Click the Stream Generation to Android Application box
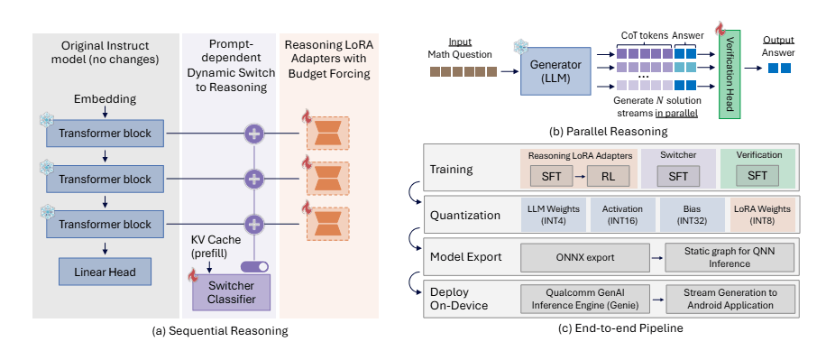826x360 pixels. click(727, 299)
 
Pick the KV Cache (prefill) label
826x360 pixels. click(213, 248)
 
